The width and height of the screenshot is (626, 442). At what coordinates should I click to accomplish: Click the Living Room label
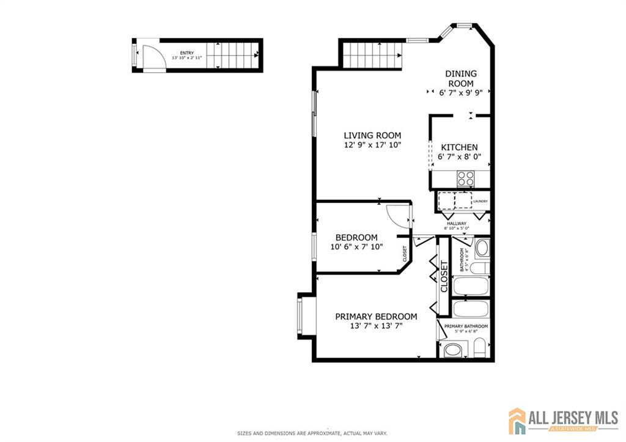372,135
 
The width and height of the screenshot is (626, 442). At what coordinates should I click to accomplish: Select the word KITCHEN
459,147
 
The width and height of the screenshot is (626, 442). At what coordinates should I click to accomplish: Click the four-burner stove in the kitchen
466,178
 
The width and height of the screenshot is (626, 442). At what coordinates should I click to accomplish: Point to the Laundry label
480,201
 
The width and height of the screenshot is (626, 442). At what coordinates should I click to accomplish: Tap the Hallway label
456,224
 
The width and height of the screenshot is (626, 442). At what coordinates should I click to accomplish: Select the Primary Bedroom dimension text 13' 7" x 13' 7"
376,326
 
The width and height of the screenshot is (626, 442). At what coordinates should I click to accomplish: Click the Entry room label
187,53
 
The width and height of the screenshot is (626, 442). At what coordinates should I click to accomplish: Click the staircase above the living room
372,55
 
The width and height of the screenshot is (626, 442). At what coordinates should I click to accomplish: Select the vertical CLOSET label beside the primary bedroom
444,276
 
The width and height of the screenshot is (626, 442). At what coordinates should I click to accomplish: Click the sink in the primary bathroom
453,350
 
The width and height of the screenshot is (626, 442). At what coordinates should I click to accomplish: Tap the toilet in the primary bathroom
481,348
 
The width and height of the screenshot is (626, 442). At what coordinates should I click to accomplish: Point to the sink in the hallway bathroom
482,248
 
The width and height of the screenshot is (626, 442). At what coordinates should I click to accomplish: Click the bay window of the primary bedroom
303,315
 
